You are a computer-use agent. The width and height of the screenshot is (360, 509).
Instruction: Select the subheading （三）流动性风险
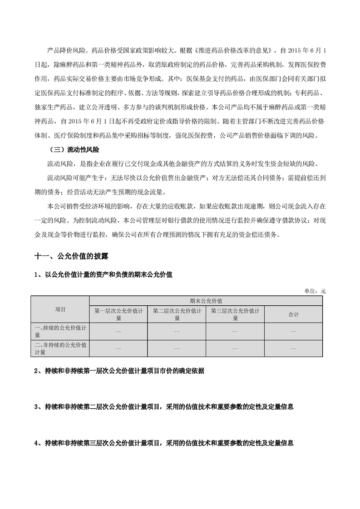coord(74,149)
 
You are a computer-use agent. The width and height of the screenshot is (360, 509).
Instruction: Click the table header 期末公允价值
coord(206,300)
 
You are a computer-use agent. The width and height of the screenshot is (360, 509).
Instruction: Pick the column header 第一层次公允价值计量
coord(118,314)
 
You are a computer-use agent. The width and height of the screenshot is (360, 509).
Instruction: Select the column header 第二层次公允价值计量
coord(177,314)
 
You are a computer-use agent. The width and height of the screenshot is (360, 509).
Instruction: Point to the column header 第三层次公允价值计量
coord(235,314)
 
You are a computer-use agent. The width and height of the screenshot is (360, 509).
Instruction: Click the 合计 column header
coord(293,314)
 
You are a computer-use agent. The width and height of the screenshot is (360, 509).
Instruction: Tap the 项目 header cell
coord(60,309)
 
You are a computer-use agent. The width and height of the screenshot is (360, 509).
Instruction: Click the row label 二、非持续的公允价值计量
coord(60,348)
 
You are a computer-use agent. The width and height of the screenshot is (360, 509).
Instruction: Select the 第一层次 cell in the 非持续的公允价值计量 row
coord(118,348)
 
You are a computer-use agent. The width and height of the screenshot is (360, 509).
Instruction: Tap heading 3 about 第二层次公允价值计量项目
coord(164,407)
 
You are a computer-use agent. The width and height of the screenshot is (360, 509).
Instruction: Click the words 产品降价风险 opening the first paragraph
coord(67,49)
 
